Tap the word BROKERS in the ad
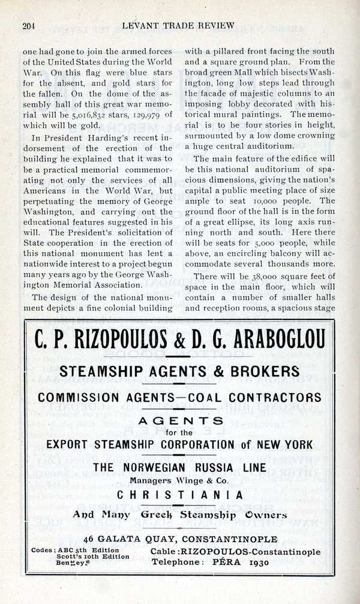click(261, 370)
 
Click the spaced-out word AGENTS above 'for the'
click(179, 421)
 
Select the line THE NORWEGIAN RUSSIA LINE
click(179, 469)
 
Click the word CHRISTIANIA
click(179, 495)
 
